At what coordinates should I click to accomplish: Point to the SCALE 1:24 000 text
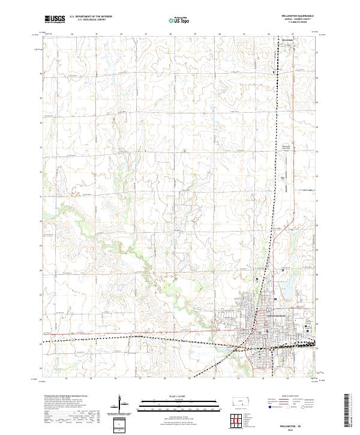(179, 395)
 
